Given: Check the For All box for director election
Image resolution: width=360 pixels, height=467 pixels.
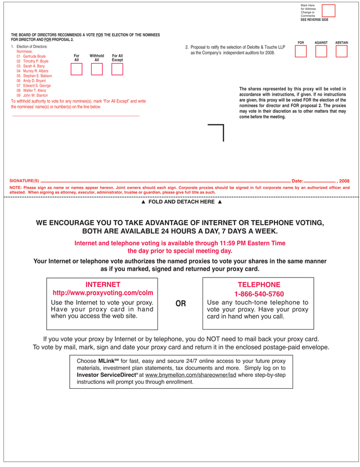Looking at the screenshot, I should coord(76,69).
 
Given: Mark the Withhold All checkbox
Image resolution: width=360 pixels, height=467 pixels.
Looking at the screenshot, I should coord(97,69).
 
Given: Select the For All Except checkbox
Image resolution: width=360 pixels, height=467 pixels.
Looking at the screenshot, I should coord(117,69).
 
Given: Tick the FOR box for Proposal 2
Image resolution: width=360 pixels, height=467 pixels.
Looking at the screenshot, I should coord(301,52).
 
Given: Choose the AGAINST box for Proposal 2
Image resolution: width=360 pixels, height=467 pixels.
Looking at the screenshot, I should coord(321,52).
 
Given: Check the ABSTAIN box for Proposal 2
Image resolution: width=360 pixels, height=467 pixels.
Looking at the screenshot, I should coord(341,52).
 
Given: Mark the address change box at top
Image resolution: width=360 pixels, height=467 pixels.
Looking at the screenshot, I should coord(328,11).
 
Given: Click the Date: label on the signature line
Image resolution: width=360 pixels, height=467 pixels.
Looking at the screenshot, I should coord(297,181).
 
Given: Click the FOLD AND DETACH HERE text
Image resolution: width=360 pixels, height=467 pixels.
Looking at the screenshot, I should coord(181,201).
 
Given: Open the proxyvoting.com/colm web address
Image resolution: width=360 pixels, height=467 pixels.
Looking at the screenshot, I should coord(102,293).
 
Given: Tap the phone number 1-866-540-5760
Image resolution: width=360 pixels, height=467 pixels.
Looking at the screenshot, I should coord(259,294).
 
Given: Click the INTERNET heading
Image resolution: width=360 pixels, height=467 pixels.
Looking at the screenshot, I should coord(102,285).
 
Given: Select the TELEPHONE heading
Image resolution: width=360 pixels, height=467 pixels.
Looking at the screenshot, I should coord(259,285).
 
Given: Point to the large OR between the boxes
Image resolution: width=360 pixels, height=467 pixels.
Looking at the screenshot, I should coord(181,304).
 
